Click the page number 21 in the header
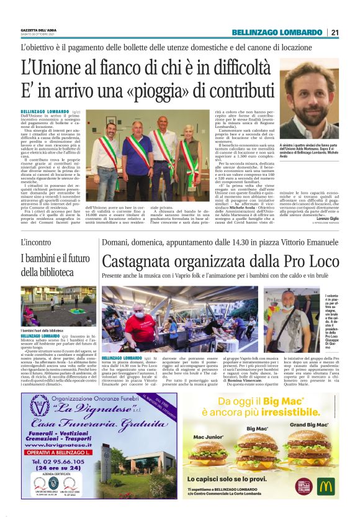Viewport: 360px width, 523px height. tap(335, 32)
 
